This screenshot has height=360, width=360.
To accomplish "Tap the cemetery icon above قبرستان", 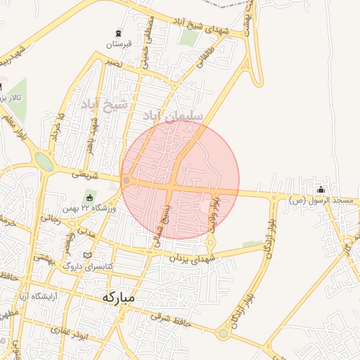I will (x=118, y=32).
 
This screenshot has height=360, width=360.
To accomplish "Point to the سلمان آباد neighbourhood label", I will (x=173, y=114).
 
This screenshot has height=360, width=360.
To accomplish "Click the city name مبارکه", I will (x=117, y=297).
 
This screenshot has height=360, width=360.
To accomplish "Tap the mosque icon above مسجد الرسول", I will (x=321, y=189).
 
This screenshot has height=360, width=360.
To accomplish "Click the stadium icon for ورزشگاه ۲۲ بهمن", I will (x=90, y=195).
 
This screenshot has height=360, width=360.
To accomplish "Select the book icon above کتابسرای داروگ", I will (x=87, y=255).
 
